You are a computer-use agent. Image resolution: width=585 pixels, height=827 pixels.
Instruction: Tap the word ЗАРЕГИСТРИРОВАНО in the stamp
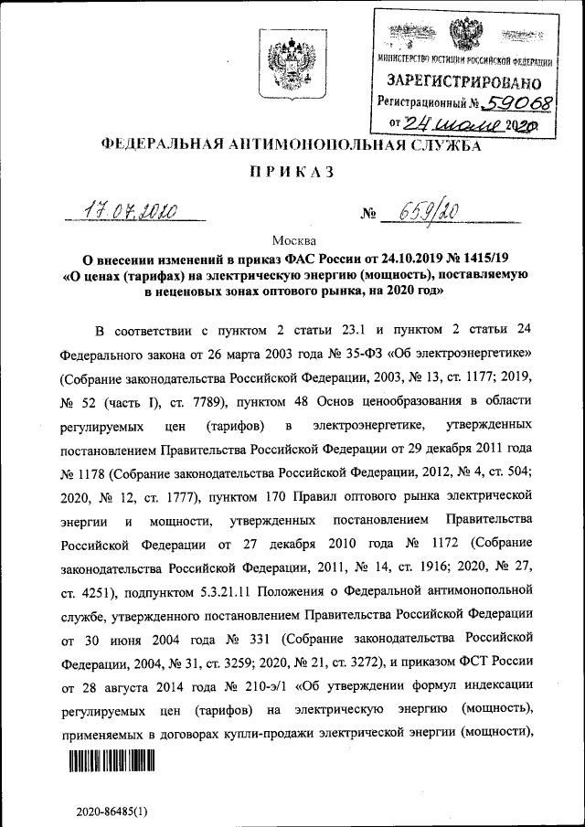[464, 81]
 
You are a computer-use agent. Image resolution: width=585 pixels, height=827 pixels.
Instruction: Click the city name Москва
[292, 239]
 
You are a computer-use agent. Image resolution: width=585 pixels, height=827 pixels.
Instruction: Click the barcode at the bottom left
[109, 761]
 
